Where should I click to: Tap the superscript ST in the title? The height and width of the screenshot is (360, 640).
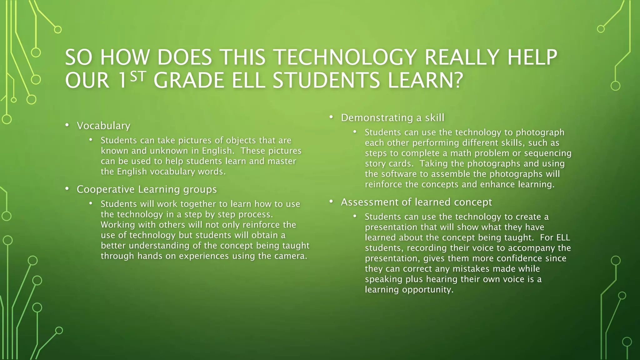click(x=138, y=77)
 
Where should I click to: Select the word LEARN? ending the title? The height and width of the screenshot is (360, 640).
click(x=425, y=80)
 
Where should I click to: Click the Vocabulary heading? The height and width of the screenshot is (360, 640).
click(x=103, y=126)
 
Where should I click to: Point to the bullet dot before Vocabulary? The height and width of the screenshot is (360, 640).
click(x=67, y=125)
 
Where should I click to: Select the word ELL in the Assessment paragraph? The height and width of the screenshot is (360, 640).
click(x=563, y=237)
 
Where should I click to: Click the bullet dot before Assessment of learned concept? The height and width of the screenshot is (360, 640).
click(x=331, y=202)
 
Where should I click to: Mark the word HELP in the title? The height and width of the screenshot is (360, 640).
click(x=532, y=57)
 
